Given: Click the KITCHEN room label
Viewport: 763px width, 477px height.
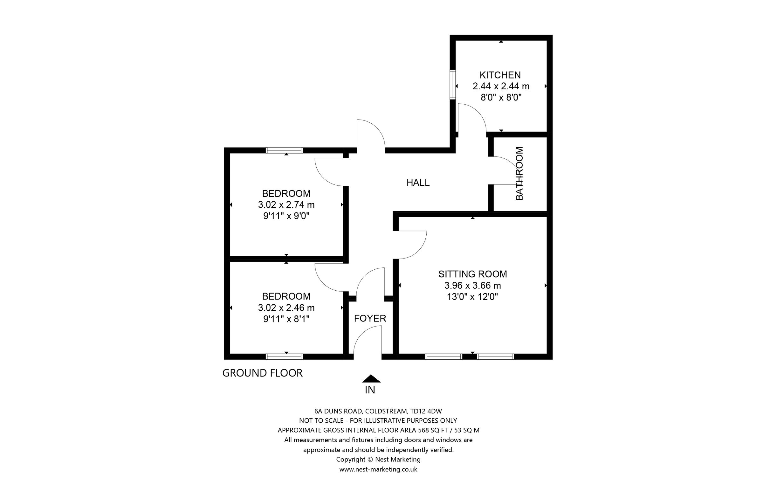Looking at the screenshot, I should [500, 75].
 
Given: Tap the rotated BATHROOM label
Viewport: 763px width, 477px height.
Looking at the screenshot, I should [519, 173].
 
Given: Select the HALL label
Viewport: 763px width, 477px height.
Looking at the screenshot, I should [418, 183].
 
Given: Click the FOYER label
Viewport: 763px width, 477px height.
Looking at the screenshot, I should [370, 318].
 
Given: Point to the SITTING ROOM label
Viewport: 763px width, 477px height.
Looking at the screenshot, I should [472, 274].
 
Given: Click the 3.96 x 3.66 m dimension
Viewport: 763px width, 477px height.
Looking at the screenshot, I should [472, 285].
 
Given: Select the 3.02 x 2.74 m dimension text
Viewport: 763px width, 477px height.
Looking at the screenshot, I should [286, 204].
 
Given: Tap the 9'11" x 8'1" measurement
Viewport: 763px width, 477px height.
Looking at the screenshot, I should [286, 319].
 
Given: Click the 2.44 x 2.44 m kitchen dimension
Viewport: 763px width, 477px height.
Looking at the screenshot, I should [501, 86].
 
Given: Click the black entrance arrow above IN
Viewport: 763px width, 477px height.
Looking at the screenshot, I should [371, 378].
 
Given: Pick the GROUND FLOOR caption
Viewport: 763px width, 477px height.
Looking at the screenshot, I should [262, 373].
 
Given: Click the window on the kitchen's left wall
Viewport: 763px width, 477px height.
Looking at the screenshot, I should [452, 85].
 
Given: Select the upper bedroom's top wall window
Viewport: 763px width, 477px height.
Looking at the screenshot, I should [284, 150].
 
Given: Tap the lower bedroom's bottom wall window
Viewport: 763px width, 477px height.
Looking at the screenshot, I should [284, 356].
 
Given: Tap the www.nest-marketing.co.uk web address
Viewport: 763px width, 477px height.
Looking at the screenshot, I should [378, 469].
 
